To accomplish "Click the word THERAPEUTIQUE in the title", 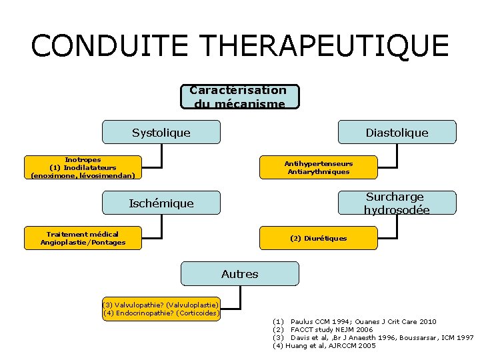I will click(324, 45).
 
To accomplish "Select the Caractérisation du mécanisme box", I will click(239, 96).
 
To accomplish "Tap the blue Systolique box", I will click(161, 132).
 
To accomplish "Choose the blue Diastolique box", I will click(397, 132).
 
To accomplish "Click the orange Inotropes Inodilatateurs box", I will click(83, 168).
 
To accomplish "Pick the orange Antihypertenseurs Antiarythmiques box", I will click(318, 167).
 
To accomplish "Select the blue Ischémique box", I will click(161, 203).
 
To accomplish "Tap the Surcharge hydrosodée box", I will click(397, 203).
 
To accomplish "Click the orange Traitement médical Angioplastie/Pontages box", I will click(83, 238).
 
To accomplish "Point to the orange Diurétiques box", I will click(318, 238).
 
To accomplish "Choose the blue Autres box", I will click(239, 273).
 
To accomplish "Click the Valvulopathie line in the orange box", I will click(161, 305).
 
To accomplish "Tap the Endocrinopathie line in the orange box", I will click(161, 313).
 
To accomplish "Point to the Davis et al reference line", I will click(373, 337).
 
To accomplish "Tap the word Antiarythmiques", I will click(318, 172).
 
